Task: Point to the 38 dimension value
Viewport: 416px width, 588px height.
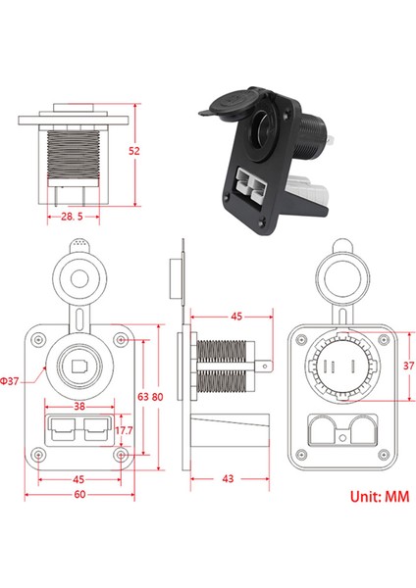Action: [x=78, y=405]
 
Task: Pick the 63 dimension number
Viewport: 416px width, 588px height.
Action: [x=142, y=397]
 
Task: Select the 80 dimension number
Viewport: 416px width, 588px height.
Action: [x=157, y=397]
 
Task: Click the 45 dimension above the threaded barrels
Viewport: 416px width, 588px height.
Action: [x=235, y=317]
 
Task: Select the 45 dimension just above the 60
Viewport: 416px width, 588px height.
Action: [x=78, y=479]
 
